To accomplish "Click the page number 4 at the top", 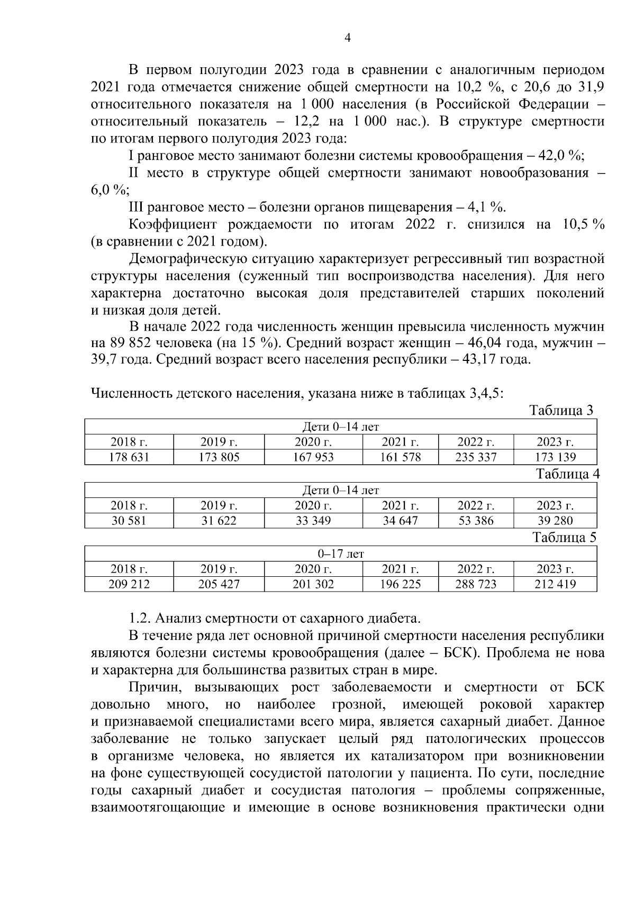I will coord(348,38).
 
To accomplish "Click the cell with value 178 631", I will coord(129,457).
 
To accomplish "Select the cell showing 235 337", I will coord(476,457).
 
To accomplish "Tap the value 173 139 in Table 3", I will coord(556,457).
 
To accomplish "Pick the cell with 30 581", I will coord(129,521).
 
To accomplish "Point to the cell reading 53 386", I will coord(476,521).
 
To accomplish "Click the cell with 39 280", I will coord(556,521).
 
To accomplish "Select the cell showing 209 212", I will coord(129,584).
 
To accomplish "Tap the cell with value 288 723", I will coord(476,584).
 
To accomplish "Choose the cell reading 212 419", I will coord(556,584).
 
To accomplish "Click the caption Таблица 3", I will coord(562,411).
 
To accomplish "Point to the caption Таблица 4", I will coord(568,474).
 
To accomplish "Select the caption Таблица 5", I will coord(565,538).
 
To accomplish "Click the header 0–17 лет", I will coord(341,554).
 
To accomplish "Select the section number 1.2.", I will coord(140,618).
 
